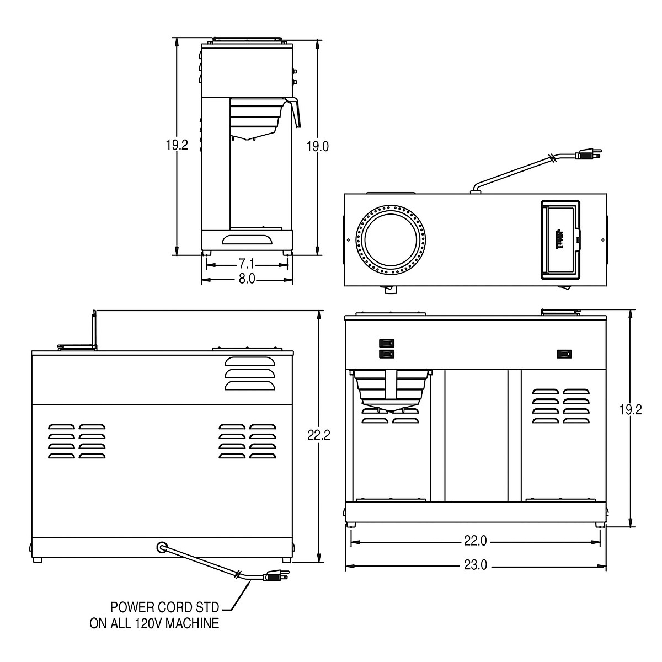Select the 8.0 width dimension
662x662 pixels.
247,280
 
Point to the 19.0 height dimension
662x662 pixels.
318,146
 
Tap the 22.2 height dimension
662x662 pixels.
319,435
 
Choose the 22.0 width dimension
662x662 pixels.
476,542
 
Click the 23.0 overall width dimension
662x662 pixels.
476,566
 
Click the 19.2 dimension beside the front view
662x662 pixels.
631,409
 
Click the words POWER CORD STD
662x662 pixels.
165,608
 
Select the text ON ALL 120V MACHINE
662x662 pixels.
155,624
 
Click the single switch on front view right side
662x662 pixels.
563,354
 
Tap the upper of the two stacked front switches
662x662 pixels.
387,343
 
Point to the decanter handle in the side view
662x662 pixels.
296,113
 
